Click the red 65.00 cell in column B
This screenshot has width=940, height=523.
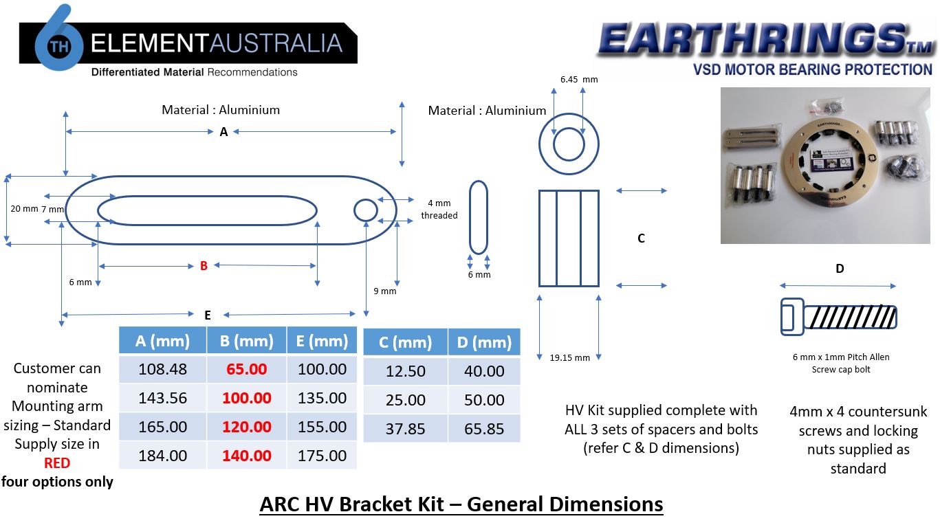pos(246,369)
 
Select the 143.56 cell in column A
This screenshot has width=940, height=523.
pos(162,398)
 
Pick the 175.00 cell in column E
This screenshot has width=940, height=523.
pos(322,456)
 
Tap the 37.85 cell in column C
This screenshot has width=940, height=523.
pos(406,429)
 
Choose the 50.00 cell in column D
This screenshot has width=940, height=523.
pos(484,400)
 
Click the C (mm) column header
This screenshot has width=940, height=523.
pos(406,342)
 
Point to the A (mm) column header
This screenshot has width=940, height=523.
pos(162,341)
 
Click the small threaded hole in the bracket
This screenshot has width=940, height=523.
pos(366,210)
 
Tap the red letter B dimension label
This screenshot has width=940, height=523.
pos(204,266)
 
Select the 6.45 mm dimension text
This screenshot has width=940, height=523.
pos(579,79)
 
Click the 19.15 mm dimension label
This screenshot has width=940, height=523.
pos(569,358)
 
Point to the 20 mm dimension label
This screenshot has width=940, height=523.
pos(24,208)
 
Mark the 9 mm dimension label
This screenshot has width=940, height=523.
pos(385,291)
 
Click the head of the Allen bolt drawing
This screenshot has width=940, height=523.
pos(792,317)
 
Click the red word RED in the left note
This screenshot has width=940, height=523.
pos(57,463)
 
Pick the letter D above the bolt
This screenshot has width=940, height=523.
pos(840,269)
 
